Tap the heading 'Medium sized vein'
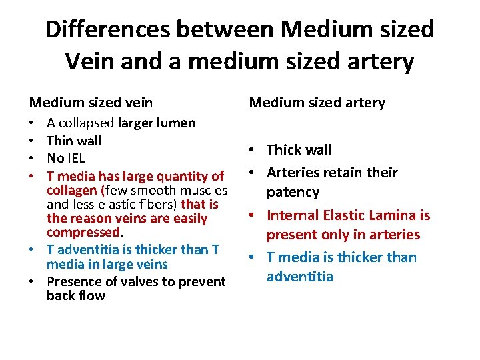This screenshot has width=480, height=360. [91, 103]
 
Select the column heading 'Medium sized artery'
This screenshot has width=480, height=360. [317, 103]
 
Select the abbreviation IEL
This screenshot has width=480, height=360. [76, 159]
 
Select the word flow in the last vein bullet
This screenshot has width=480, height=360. [92, 295]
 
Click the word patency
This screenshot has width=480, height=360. [293, 193]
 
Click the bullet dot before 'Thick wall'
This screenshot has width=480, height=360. [256, 151]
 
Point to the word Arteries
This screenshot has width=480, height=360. [295, 173]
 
